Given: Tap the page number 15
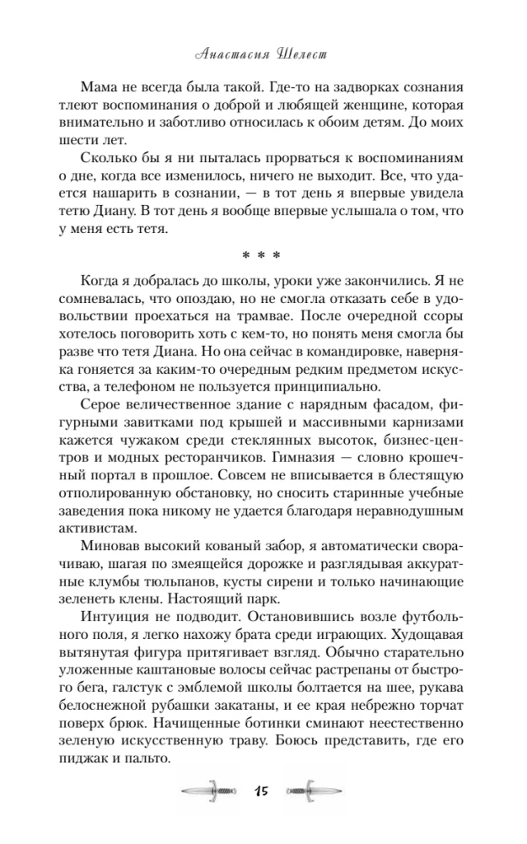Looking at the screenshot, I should point(262,792).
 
